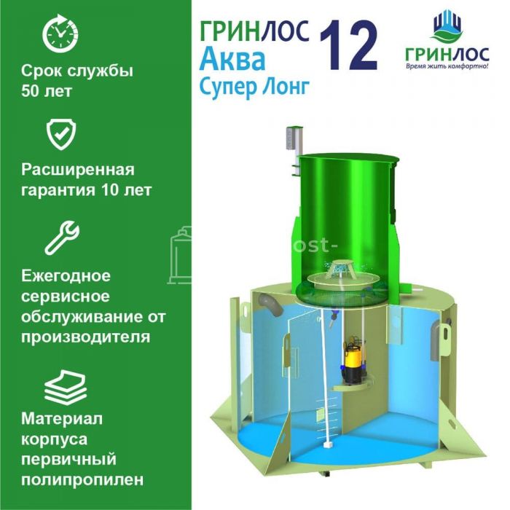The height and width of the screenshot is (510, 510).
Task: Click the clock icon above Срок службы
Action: (60, 34)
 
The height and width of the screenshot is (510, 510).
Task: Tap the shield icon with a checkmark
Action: (61, 134)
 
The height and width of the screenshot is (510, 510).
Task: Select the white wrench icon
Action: (62, 238)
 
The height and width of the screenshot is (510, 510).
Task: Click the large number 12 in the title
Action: (348, 45)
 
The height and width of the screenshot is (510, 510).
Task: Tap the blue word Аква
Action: (232, 60)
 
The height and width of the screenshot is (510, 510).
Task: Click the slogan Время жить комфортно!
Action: (447, 67)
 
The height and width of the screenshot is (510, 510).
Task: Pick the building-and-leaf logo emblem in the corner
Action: (447, 26)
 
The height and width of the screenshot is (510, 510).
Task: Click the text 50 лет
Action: (46, 91)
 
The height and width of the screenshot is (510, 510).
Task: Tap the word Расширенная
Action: (78, 170)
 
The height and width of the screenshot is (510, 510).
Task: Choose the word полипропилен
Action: (82, 479)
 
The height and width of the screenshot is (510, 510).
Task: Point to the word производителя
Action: (85, 337)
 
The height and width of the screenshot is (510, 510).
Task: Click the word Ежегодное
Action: (66, 276)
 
